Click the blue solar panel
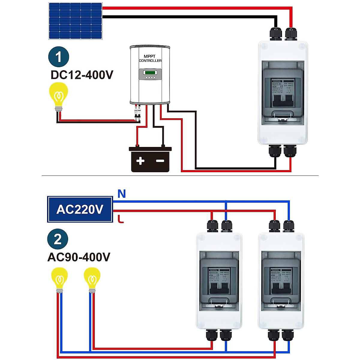tap(75, 21)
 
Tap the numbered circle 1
tap(58, 57)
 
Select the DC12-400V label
tap(82, 75)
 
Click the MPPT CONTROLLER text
tap(150, 58)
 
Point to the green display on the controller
tap(150, 72)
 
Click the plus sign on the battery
tap(140, 161)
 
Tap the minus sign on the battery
tap(160, 161)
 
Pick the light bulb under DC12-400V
tap(59, 96)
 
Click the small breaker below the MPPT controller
tap(137, 114)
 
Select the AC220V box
tap(80, 209)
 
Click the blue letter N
tap(121, 194)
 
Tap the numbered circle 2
tap(58, 239)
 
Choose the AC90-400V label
tap(79, 257)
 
